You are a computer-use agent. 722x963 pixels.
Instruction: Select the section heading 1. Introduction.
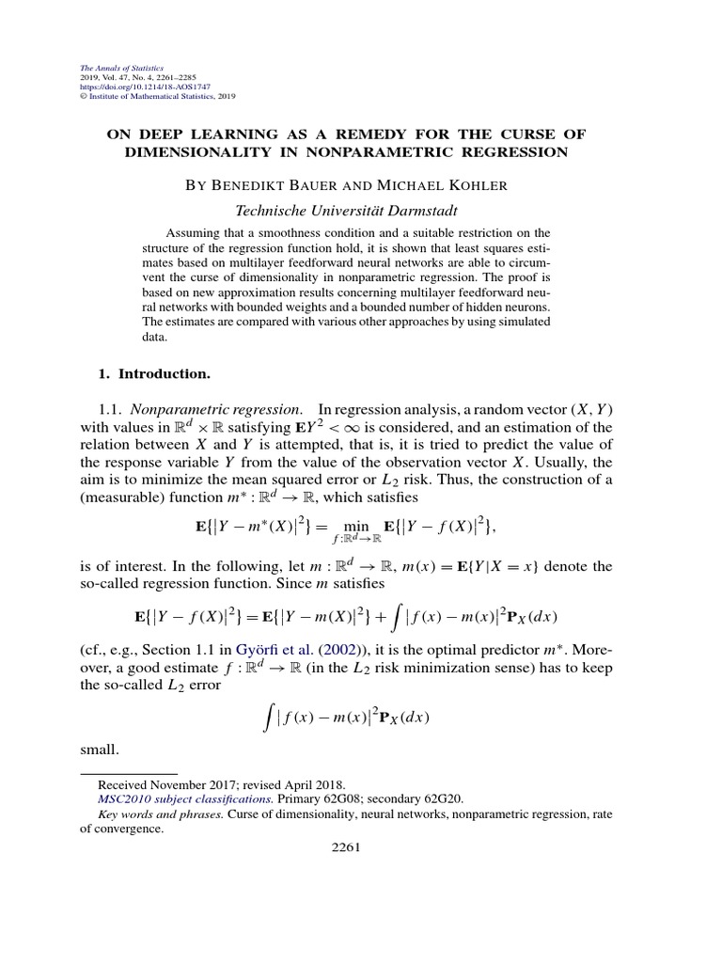(x=153, y=373)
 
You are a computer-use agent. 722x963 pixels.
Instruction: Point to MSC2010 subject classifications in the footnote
(x=159, y=798)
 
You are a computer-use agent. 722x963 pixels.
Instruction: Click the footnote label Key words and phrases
(x=161, y=814)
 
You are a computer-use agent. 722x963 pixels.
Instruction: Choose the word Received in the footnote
(x=124, y=783)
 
